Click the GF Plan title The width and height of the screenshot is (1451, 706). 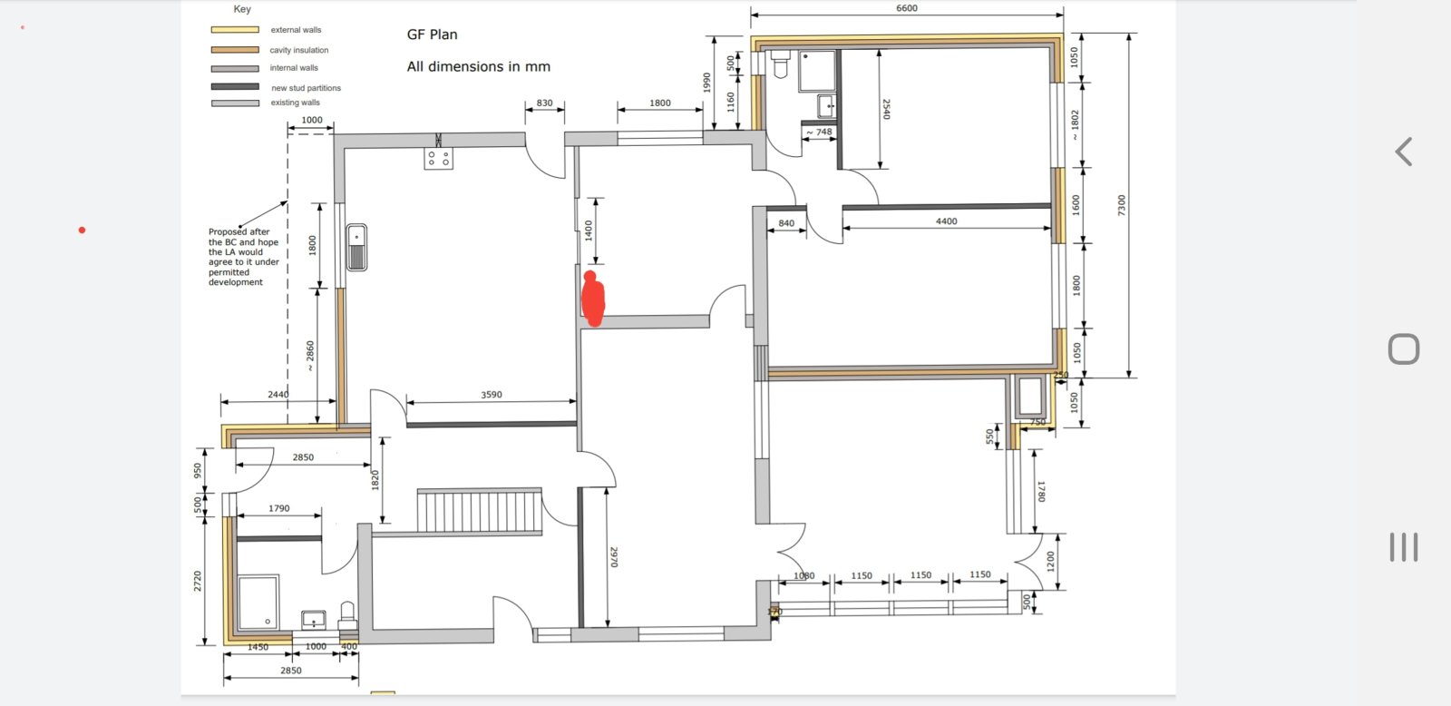coord(432,34)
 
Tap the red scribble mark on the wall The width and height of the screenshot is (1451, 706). coord(593,299)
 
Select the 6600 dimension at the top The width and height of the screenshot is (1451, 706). coord(906,8)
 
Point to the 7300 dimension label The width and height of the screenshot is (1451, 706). coord(1122,205)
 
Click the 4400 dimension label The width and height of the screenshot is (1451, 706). coord(946,221)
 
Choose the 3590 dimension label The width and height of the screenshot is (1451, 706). coord(491,394)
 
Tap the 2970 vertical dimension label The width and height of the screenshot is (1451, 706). coord(613,557)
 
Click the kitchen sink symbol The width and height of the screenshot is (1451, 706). coord(356,247)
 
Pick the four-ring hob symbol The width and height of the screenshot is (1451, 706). coord(439,158)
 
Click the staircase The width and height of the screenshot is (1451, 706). coord(480,511)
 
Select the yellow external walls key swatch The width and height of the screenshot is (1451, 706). coord(235,30)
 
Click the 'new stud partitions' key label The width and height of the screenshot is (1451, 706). coord(306,88)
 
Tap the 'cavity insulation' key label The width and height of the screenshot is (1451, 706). coord(298,50)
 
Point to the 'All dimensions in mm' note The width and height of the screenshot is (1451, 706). coord(478,67)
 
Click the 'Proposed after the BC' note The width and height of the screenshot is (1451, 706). coord(244,257)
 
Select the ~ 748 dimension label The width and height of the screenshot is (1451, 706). coord(819,132)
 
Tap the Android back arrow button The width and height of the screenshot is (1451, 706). coord(1403,152)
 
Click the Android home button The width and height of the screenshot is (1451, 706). coord(1404,349)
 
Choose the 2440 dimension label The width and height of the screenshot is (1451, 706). coord(278,394)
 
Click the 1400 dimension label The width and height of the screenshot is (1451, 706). coord(589,230)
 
